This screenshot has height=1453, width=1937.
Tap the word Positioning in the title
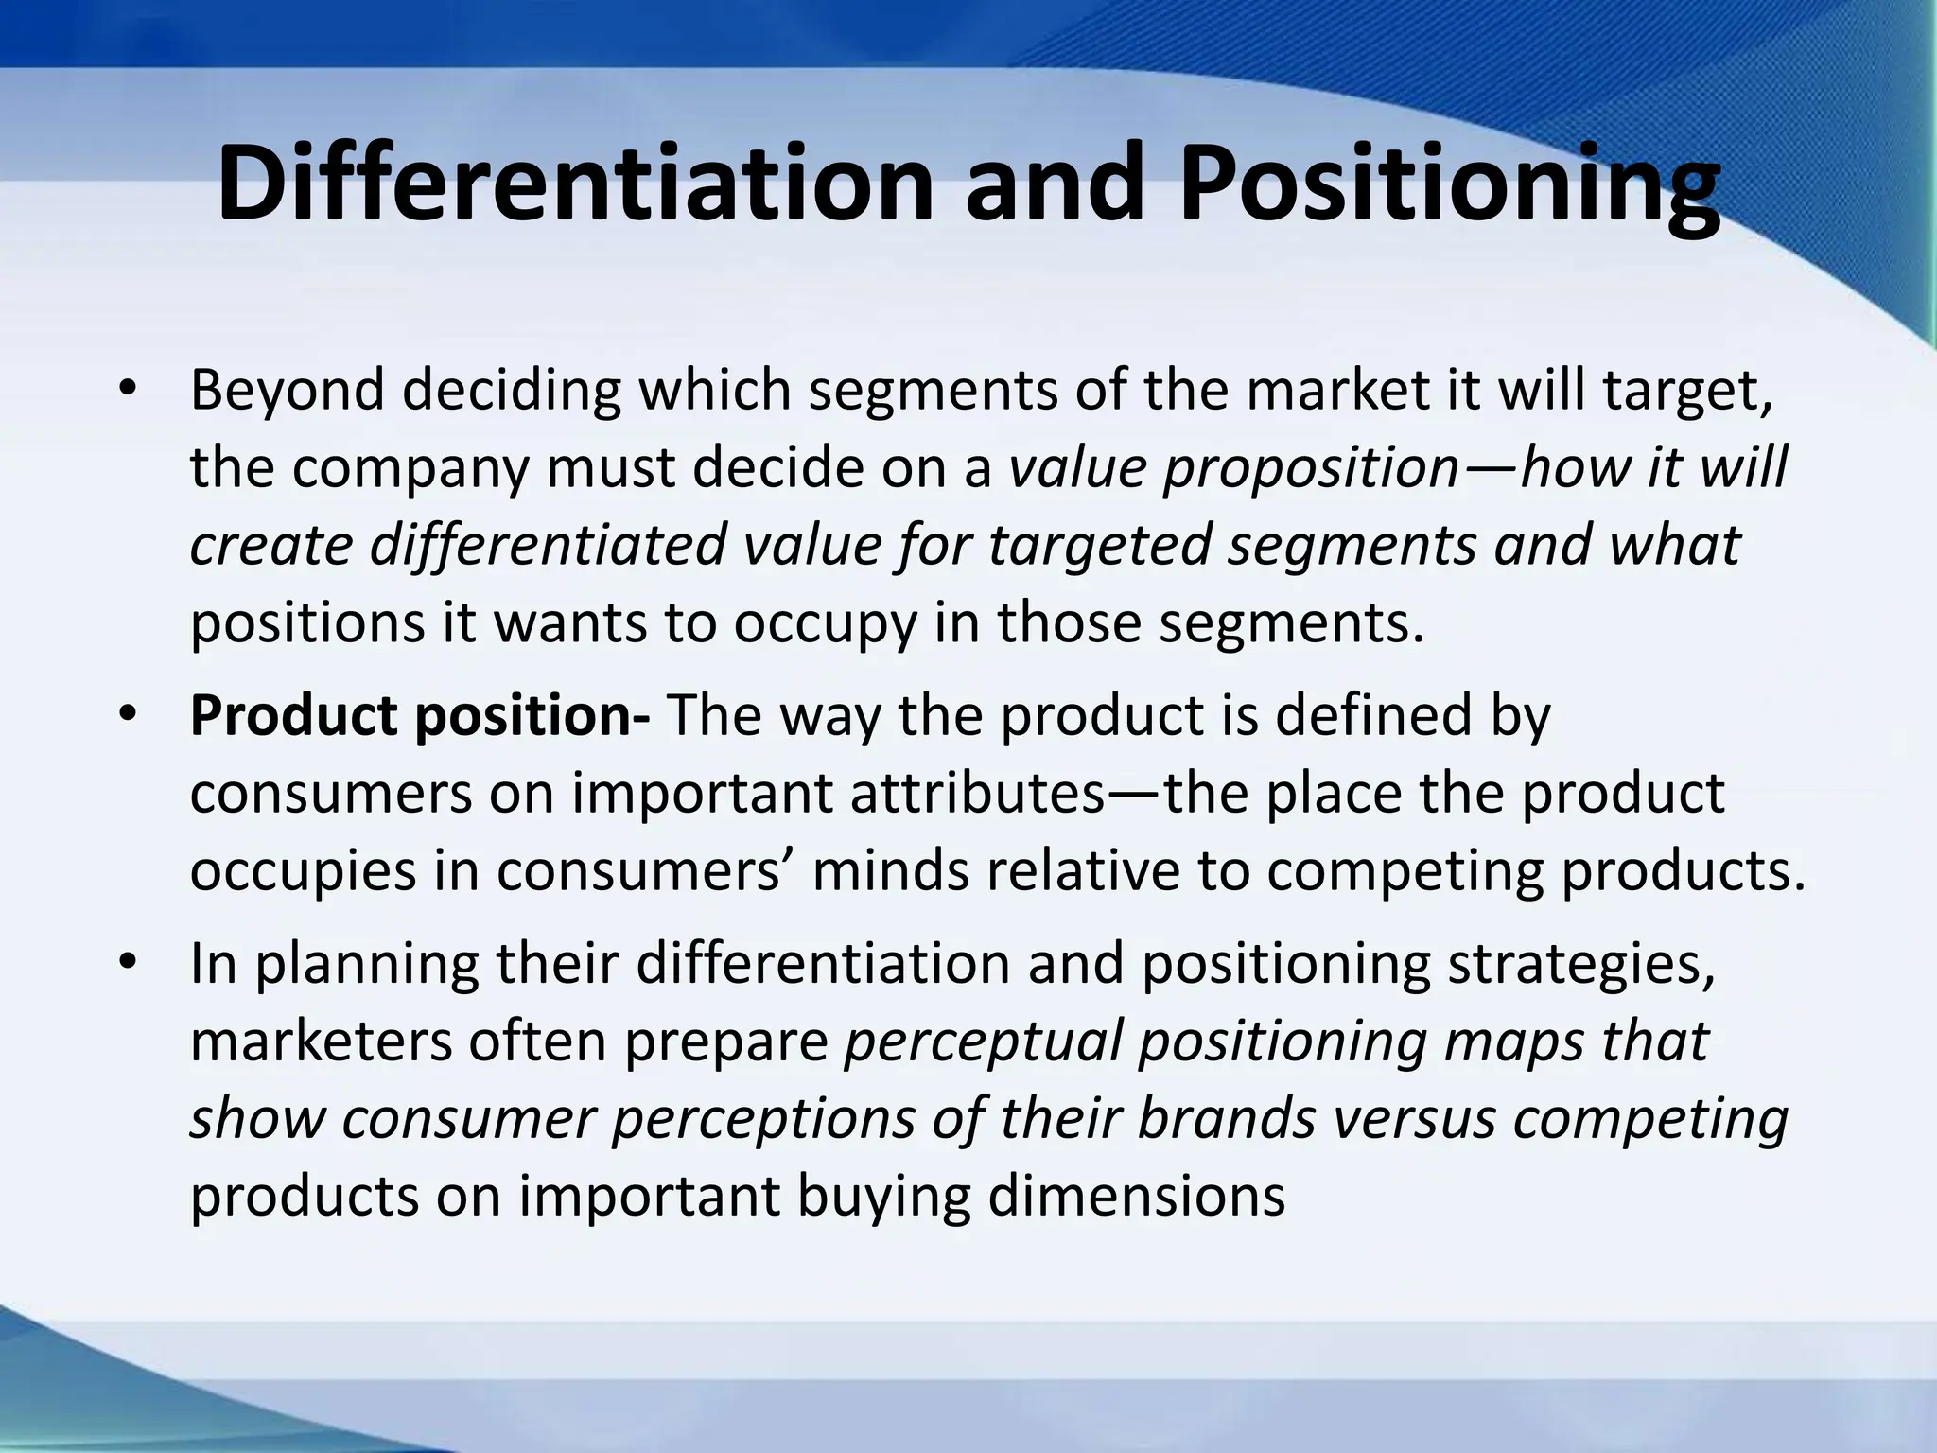(1448, 182)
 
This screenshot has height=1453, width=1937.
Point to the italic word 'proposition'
(1311, 468)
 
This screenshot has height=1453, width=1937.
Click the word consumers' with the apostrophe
(652, 870)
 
